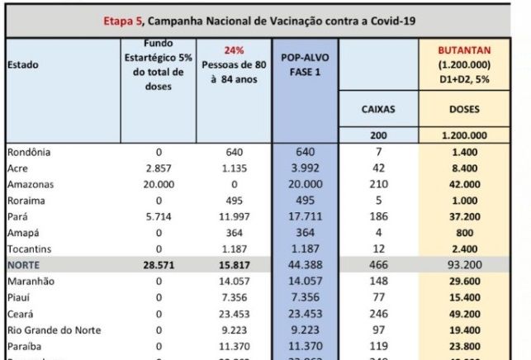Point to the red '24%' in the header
[x=235, y=50]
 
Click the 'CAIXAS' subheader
[x=378, y=108]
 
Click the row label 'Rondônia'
[x=30, y=153]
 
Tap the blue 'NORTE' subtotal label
[x=24, y=265]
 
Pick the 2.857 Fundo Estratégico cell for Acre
[x=159, y=168]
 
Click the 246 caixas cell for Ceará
[x=378, y=314]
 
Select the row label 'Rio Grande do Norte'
[x=54, y=329]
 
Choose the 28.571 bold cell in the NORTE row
[x=159, y=265]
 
